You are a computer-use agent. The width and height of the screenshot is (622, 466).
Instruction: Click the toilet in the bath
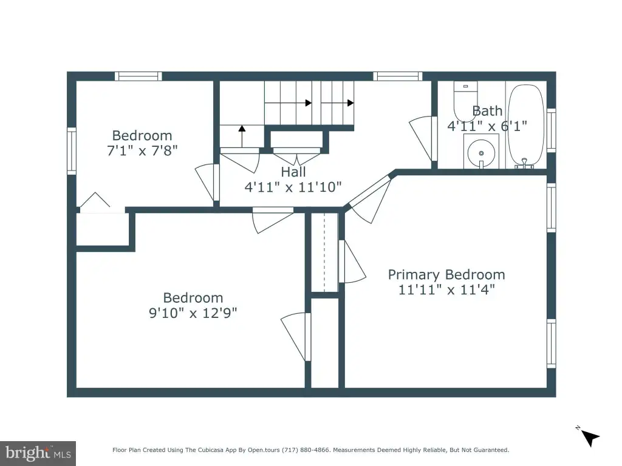(x=465, y=101)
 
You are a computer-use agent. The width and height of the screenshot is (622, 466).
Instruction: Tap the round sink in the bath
(x=481, y=153)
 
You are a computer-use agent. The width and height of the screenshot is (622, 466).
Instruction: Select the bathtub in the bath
(x=526, y=125)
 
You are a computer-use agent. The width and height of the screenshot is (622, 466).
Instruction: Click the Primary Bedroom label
(x=446, y=274)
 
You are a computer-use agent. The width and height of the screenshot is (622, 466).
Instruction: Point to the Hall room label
(x=293, y=172)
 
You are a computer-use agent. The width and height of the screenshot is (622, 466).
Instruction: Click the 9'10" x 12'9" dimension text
(x=193, y=312)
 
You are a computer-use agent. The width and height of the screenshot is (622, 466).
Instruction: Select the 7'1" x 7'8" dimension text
(x=142, y=150)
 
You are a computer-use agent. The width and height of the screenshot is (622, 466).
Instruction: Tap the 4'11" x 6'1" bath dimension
(x=487, y=126)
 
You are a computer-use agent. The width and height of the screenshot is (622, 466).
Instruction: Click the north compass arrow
(x=590, y=438)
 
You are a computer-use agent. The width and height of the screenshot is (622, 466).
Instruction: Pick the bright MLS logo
(x=38, y=453)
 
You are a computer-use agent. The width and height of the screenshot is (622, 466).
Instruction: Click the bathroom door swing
(x=420, y=137)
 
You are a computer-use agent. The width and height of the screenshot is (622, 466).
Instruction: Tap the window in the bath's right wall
(x=552, y=130)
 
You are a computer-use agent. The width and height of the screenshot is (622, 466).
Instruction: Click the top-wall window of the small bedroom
(x=138, y=76)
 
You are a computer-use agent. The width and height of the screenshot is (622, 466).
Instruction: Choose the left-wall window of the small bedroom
(x=72, y=151)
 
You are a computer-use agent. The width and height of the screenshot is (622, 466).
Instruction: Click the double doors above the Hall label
(x=296, y=156)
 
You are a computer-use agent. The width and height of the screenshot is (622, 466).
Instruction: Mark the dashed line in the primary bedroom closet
(x=324, y=252)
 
